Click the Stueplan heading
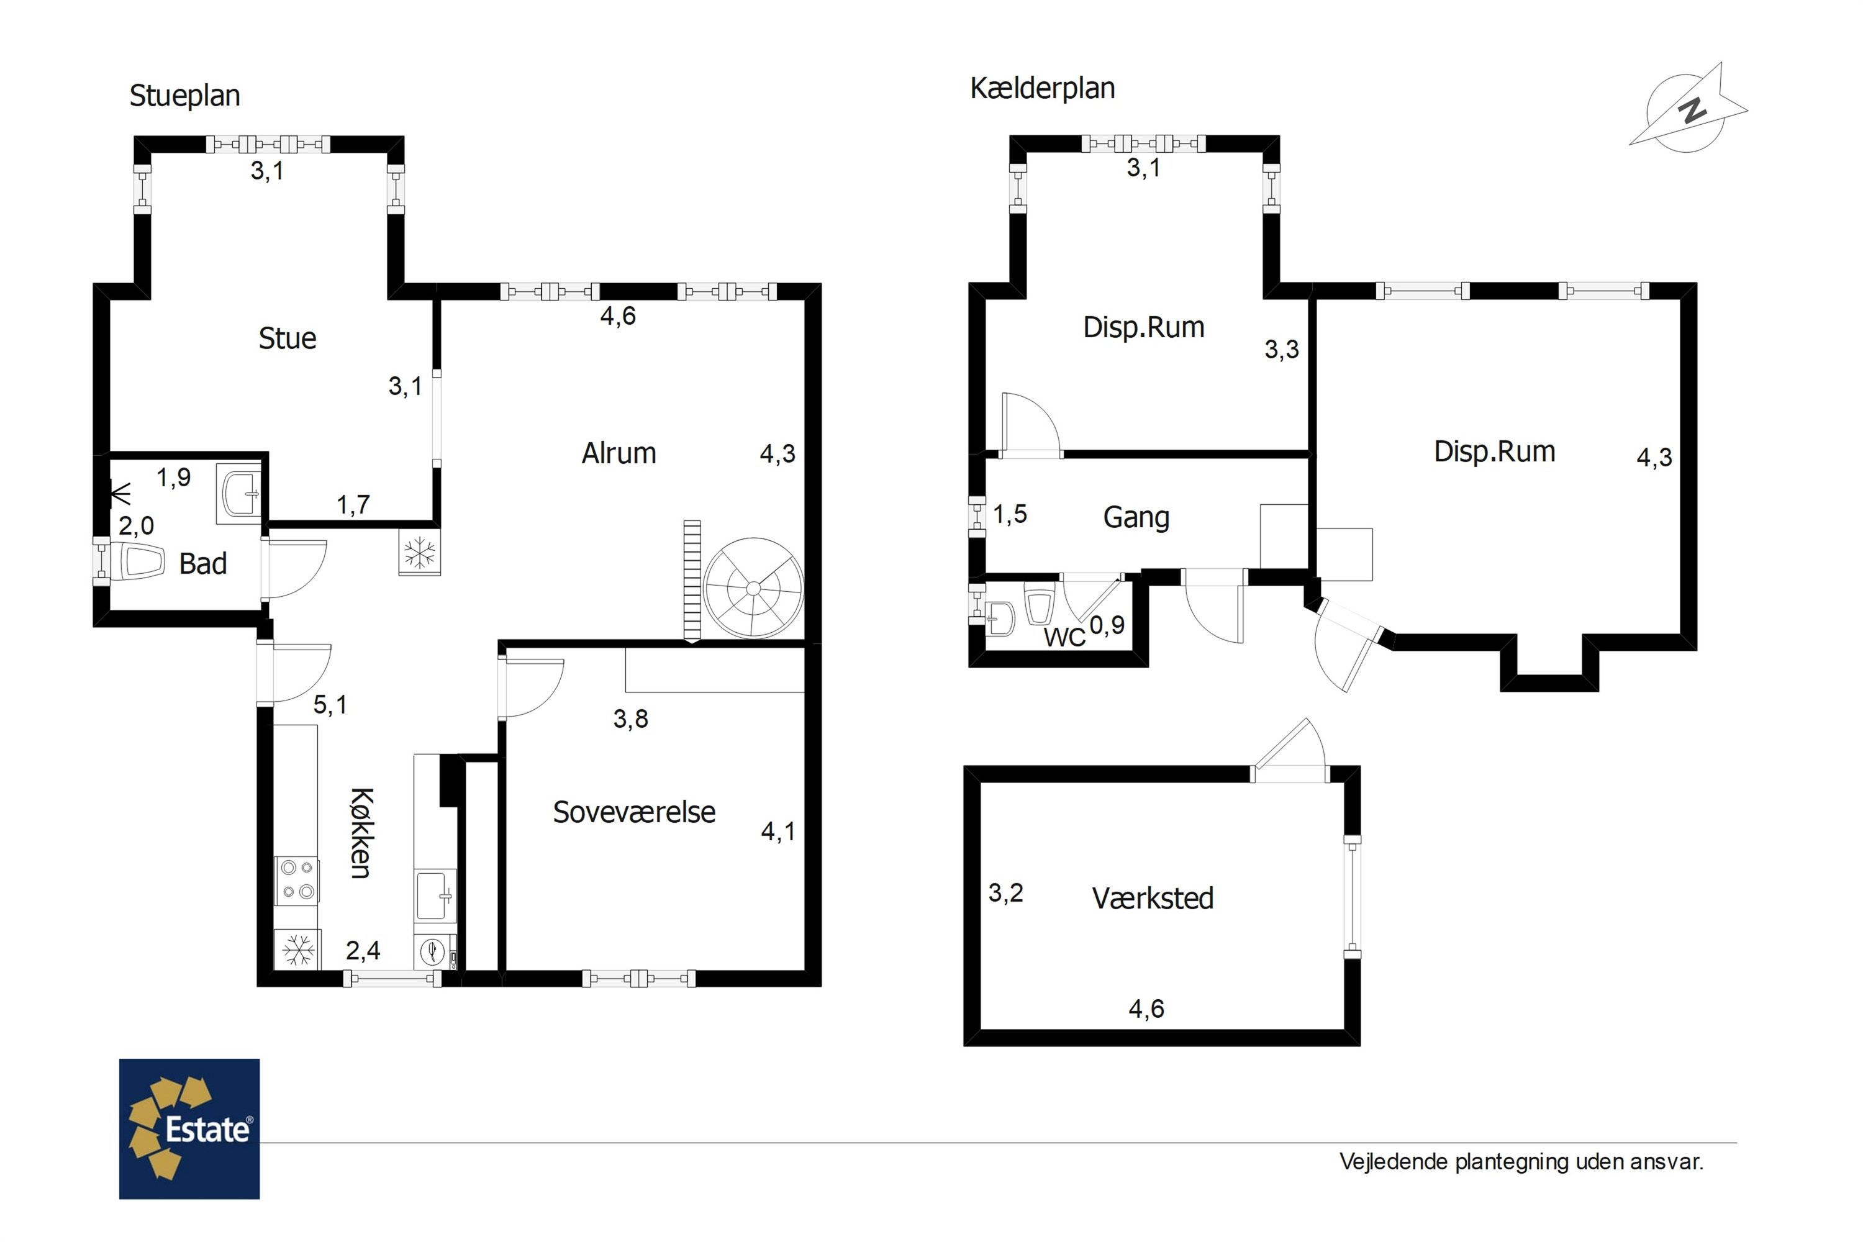click(x=184, y=96)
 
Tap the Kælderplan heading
click(x=1043, y=88)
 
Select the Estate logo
click(x=189, y=1129)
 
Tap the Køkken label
click(x=360, y=833)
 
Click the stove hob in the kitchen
click(x=297, y=880)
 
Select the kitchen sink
click(x=435, y=896)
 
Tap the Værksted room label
click(x=1153, y=898)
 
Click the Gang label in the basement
click(x=1136, y=518)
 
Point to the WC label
click(x=1064, y=637)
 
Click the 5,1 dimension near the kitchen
click(x=330, y=704)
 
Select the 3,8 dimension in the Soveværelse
click(x=630, y=718)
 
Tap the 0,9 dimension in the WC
click(x=1107, y=625)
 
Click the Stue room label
click(x=288, y=339)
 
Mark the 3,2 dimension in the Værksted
click(x=1006, y=893)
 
